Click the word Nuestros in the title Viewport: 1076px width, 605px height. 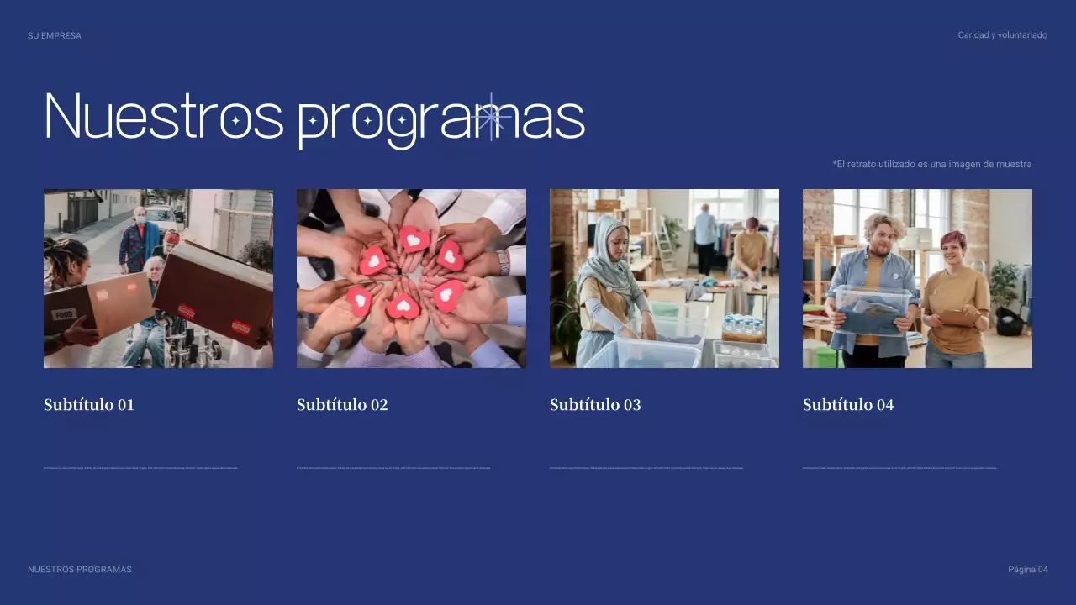[164, 116]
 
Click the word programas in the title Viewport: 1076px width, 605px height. [441, 119]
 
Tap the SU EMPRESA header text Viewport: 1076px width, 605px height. [55, 36]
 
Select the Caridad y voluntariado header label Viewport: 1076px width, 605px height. [1002, 35]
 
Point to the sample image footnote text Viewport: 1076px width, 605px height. [931, 164]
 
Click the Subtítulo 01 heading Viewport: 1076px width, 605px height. [89, 405]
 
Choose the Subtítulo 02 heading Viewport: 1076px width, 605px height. [342, 405]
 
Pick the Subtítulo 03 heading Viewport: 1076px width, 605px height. [595, 405]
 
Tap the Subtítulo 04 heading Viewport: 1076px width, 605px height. [848, 405]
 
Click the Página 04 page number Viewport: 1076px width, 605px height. [1027, 570]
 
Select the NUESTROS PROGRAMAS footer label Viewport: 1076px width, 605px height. [80, 570]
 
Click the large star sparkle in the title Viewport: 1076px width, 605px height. [491, 117]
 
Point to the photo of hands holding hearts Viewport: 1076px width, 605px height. [411, 278]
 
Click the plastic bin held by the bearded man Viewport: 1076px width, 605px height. [873, 311]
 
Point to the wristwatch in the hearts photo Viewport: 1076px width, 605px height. [503, 263]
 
